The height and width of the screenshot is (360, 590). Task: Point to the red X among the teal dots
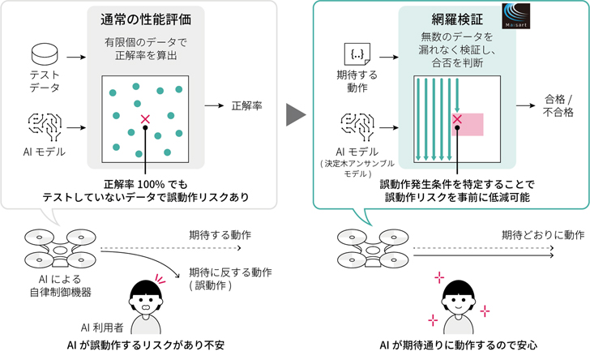tap(145, 120)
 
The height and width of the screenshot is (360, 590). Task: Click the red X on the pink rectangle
tap(457, 120)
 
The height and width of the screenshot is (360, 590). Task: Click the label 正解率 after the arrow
tap(246, 105)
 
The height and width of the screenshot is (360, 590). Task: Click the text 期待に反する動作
tap(230, 272)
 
